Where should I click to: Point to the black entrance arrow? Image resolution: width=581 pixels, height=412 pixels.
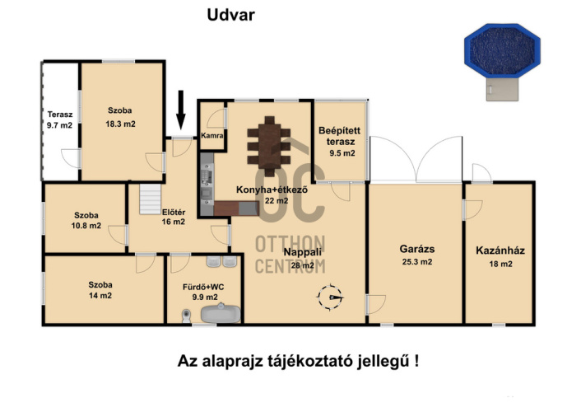(x=181, y=108)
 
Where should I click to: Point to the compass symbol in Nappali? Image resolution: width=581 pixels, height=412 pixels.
(x=333, y=295)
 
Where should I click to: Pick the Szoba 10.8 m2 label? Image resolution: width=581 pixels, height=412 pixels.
(x=84, y=218)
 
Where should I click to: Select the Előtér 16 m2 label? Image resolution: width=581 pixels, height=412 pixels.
(x=173, y=217)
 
